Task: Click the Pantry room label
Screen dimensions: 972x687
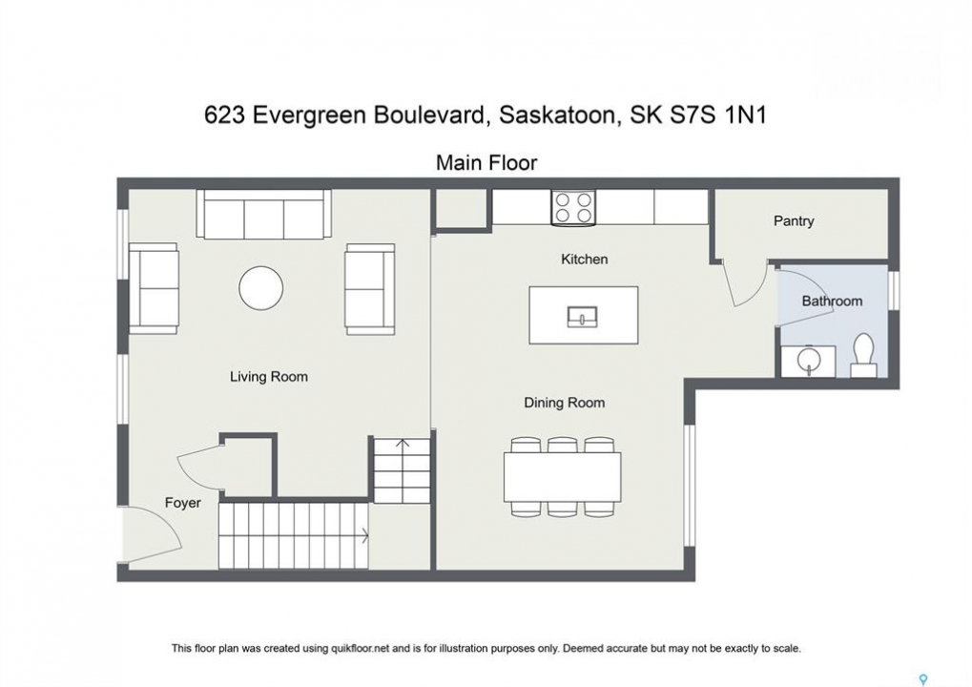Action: [x=794, y=220]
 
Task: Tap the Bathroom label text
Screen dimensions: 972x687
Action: [x=832, y=301]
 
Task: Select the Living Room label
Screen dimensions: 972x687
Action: [x=268, y=376]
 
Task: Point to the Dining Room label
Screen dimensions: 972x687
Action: [x=564, y=403]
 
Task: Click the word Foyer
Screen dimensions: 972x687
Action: [x=183, y=502]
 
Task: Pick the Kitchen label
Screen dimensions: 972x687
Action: [x=584, y=260]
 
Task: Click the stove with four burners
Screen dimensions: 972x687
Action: [x=573, y=207]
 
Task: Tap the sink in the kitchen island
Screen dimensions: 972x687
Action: [x=583, y=317]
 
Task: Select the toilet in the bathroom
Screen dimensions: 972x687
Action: [x=863, y=355]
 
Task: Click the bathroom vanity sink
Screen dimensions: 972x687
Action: [x=808, y=362]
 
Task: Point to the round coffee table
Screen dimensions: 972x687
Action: [x=261, y=288]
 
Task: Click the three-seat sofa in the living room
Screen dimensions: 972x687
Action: [x=263, y=214]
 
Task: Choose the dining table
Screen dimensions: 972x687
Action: [x=563, y=477]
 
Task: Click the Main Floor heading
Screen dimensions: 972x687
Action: [x=486, y=162]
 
